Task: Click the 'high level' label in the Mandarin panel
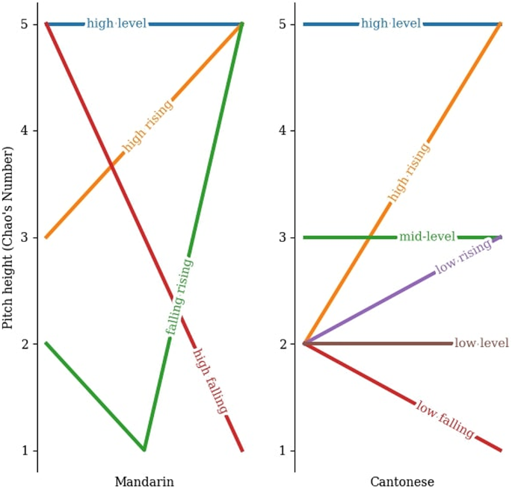[x=117, y=24]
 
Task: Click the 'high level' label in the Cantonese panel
[x=391, y=24]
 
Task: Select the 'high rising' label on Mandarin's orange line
[x=148, y=125]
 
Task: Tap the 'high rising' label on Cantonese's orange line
[x=409, y=172]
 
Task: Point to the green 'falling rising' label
[x=179, y=296]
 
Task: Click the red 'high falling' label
[x=210, y=381]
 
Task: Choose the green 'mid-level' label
[x=427, y=237]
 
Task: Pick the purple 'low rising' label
[x=463, y=257]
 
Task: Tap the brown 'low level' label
[x=481, y=344]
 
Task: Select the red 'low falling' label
[x=445, y=420]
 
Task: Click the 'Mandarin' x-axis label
[x=144, y=482]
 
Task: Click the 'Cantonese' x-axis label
[x=402, y=482]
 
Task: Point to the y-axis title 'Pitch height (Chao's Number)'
[x=8, y=237]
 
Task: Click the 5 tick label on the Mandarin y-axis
[x=24, y=25]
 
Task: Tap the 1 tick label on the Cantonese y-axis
[x=281, y=451]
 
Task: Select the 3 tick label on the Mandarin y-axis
[x=24, y=237]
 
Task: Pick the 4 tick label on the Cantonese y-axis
[x=281, y=131]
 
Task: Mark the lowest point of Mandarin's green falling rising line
[x=144, y=450]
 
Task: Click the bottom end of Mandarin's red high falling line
[x=242, y=450]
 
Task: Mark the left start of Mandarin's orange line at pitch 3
[x=46, y=237]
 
